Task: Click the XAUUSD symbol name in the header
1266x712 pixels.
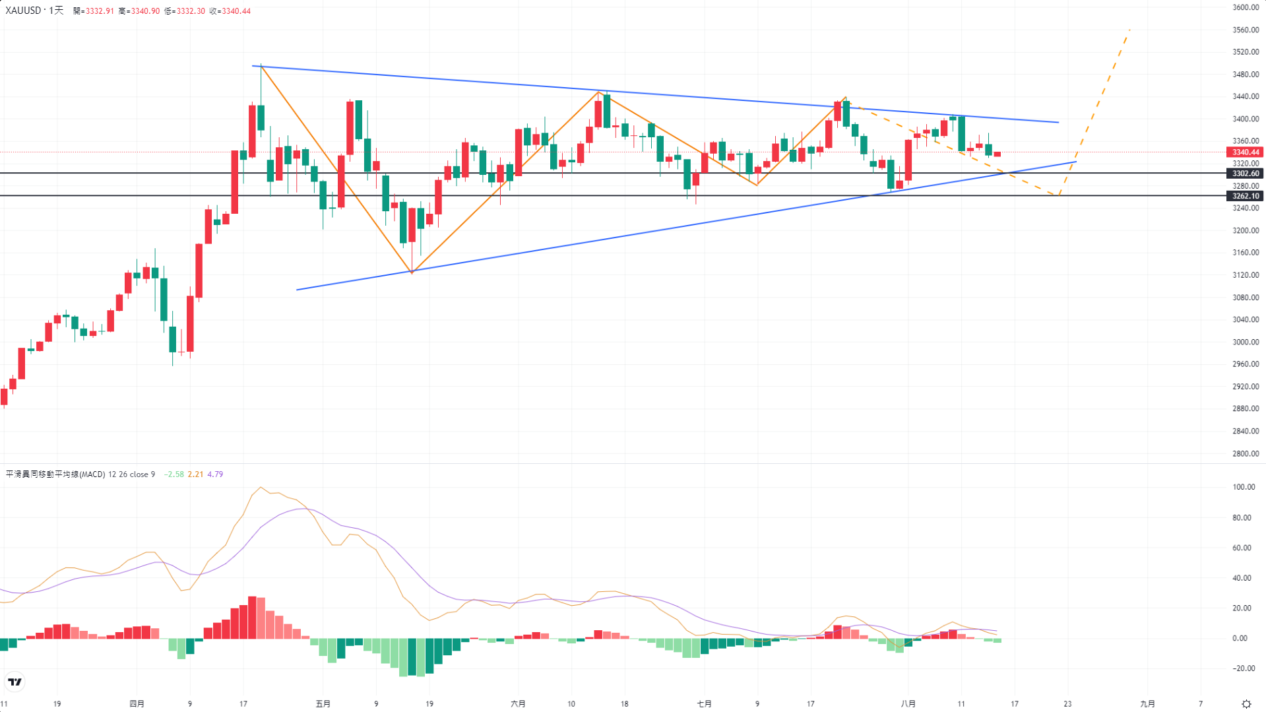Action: click(x=23, y=11)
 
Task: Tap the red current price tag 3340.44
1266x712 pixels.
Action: click(x=1245, y=152)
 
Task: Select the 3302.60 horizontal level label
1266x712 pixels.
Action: click(x=1245, y=174)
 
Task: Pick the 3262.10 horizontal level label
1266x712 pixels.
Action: click(x=1245, y=196)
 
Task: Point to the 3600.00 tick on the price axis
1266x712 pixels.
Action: click(x=1246, y=8)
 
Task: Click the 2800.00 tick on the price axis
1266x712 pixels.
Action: click(x=1246, y=453)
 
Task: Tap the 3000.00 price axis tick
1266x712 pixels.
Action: click(x=1246, y=342)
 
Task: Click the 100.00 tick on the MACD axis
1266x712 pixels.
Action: click(x=1244, y=487)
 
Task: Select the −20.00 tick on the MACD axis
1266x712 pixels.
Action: click(x=1243, y=668)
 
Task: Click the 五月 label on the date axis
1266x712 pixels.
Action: click(x=323, y=703)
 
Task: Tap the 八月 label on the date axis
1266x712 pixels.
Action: click(x=908, y=703)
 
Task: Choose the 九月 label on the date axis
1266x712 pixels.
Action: click(x=1147, y=703)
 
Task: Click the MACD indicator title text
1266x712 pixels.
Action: click(x=55, y=474)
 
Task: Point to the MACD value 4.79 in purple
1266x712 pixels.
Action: click(x=215, y=474)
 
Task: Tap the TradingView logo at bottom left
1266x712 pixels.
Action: click(x=15, y=682)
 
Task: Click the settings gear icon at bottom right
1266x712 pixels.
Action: click(x=1246, y=704)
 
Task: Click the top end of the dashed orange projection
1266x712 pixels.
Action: click(x=1129, y=30)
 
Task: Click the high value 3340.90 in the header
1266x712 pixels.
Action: click(x=144, y=11)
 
